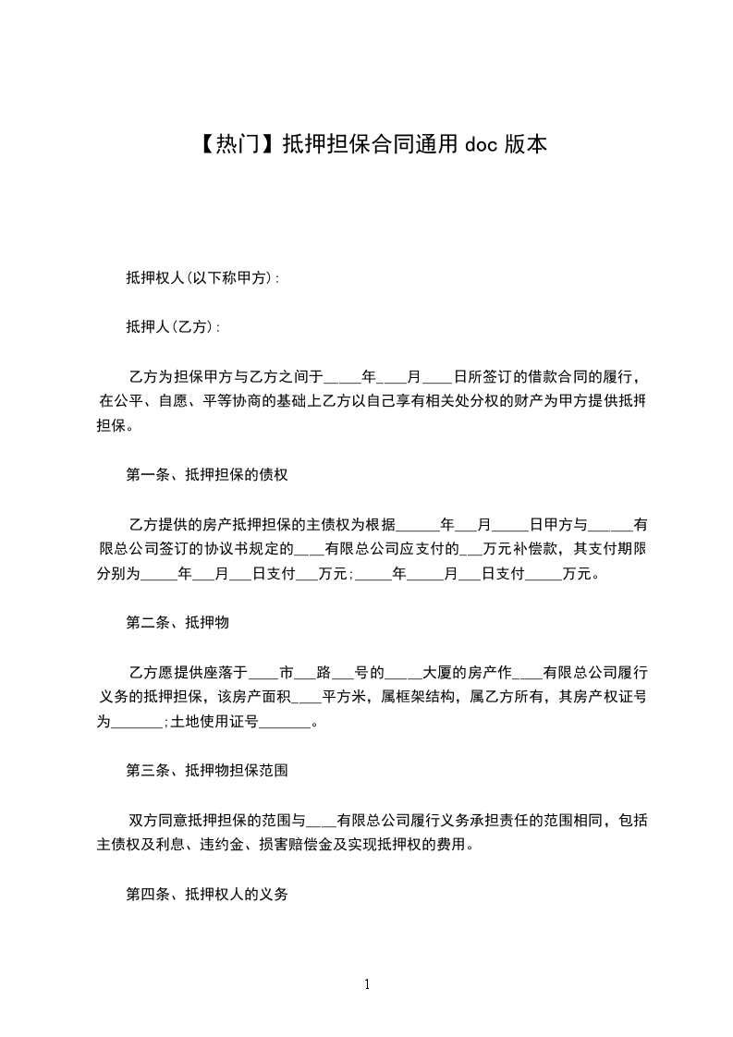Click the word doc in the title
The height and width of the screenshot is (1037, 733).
(481, 144)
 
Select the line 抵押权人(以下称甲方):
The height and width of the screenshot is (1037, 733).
(203, 277)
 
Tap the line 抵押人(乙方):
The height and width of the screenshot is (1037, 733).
(173, 327)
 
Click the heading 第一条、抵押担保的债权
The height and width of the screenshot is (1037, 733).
(207, 475)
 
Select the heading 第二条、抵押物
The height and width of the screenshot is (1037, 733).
(177, 623)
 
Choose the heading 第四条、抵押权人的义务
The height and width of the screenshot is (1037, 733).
(207, 894)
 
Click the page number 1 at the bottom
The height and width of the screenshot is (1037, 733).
(367, 984)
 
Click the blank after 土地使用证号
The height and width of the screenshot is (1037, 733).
(286, 722)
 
